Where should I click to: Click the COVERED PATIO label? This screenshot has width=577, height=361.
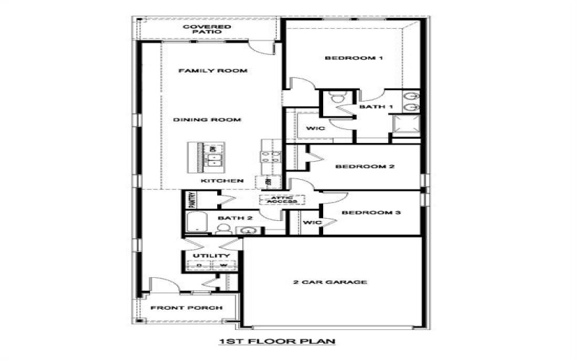[x=206, y=31]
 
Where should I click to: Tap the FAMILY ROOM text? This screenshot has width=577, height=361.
[x=213, y=71]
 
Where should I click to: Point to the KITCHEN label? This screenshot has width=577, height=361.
[x=221, y=180]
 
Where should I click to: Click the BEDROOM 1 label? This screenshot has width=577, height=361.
[x=353, y=58]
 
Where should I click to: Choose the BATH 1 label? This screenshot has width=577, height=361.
[x=376, y=107]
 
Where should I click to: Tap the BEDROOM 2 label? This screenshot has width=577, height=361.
[x=364, y=167]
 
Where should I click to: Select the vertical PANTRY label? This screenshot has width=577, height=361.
[x=192, y=199]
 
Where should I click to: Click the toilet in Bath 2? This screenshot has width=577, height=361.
[x=223, y=229]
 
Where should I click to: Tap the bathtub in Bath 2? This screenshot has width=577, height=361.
[x=197, y=225]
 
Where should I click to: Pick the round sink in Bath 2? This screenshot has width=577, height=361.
[x=249, y=230]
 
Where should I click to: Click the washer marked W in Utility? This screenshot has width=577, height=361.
[x=223, y=266]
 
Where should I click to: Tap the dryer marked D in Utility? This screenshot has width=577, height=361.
[x=199, y=266]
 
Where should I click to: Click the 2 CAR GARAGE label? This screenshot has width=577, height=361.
[x=331, y=282]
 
